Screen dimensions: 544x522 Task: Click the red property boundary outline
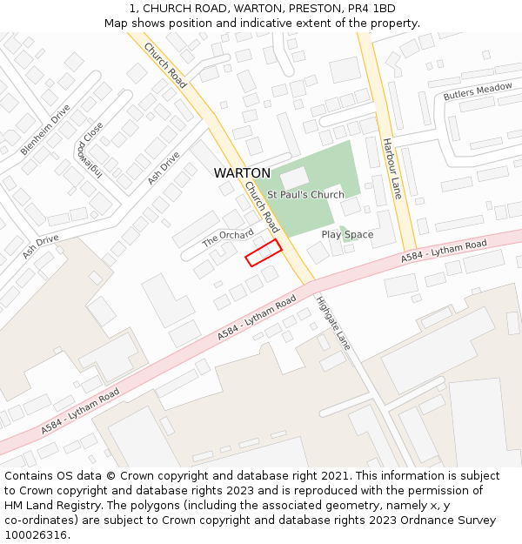point(264,252)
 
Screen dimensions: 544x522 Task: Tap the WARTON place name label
point(242,173)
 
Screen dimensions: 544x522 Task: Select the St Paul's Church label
point(305,195)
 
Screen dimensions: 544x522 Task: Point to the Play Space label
point(347,235)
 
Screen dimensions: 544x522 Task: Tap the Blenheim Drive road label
point(45,130)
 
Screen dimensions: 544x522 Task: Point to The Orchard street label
point(228,238)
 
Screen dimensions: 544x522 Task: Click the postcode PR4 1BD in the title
point(371,9)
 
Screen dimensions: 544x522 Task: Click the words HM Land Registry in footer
point(55,506)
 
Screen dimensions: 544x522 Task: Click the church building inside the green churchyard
point(294,178)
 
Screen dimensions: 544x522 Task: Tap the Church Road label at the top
point(166,65)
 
